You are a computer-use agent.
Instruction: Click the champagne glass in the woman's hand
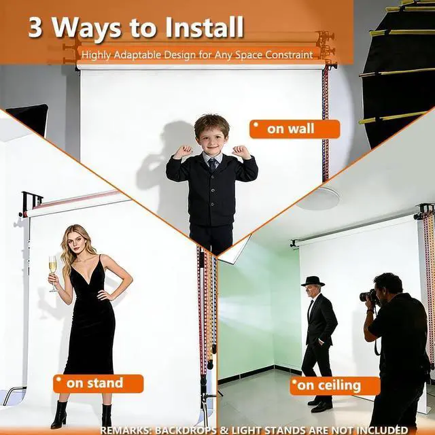53,273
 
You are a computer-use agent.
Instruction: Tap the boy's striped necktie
213,164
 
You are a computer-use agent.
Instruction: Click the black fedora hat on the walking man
313,281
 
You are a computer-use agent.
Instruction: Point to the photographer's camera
369,296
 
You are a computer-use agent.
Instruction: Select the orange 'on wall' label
294,129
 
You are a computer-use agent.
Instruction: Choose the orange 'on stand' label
98,383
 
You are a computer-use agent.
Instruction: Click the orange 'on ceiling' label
335,385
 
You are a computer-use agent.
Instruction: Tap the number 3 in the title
35,28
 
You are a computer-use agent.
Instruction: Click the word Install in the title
205,27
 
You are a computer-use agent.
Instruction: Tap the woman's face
76,242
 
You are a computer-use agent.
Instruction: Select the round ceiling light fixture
319,198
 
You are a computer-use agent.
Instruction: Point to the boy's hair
211,125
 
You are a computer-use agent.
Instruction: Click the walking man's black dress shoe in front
322,407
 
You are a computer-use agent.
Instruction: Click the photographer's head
388,286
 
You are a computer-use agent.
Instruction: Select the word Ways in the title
87,29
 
